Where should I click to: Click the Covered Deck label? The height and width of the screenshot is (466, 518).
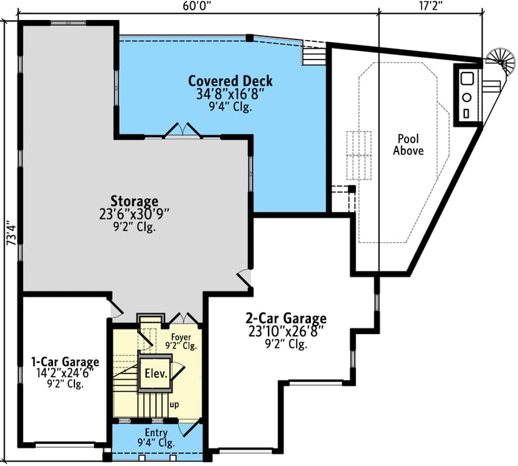(231, 82)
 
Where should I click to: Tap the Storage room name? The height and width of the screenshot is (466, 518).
(134, 201)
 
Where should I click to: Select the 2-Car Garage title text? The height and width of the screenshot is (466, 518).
(286, 318)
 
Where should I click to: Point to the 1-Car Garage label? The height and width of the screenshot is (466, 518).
(65, 362)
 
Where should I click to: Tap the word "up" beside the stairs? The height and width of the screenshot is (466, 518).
(174, 405)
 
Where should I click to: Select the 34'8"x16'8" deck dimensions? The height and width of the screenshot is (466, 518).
(230, 94)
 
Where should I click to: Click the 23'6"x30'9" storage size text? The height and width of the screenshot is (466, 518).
(134, 214)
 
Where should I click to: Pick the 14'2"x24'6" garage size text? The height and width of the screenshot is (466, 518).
(65, 373)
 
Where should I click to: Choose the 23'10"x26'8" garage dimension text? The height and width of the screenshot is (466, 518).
(286, 331)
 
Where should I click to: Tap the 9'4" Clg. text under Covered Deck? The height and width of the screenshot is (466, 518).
(230, 107)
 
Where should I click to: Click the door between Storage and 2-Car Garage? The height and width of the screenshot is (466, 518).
(243, 278)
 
